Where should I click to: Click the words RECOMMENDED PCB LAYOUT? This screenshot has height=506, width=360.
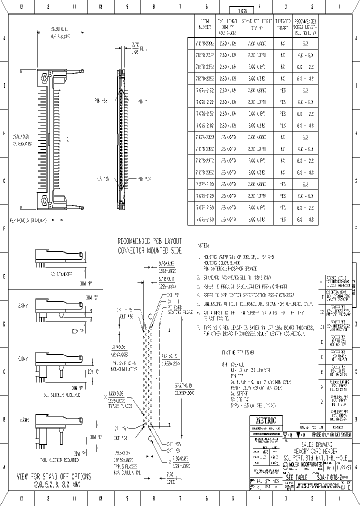tap(149, 241)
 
